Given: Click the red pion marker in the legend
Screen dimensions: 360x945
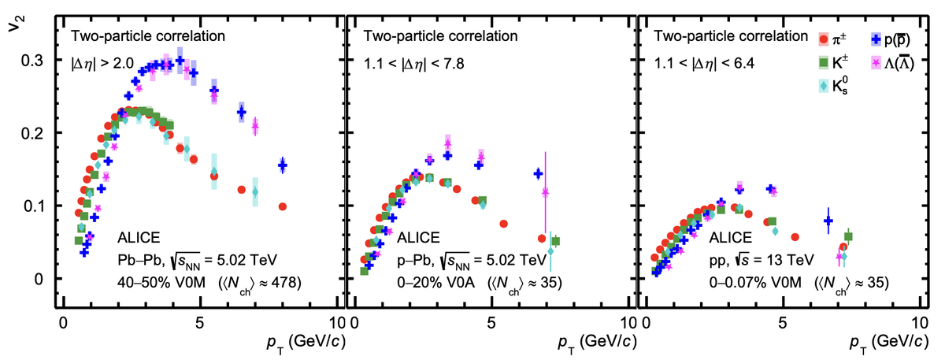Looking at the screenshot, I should tap(825, 37).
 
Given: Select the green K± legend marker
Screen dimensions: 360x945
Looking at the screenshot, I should tap(825, 61).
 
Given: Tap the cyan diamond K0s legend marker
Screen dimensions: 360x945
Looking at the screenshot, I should tap(825, 86).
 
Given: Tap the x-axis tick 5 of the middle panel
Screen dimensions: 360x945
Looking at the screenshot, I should tap(491, 324).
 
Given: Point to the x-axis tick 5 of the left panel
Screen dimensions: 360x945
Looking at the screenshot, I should tap(199, 324).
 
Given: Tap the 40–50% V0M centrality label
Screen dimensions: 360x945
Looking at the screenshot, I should tap(161, 281).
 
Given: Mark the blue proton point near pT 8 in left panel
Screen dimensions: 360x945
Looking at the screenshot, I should tap(283, 165).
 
